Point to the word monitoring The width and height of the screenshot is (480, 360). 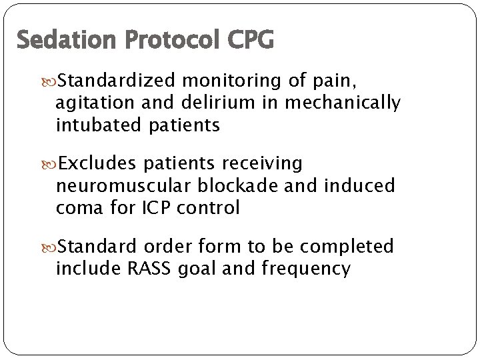click(233, 81)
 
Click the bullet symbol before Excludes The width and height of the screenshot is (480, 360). click(51, 164)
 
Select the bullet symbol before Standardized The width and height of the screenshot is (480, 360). click(51, 82)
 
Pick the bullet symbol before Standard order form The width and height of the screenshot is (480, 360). click(51, 247)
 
